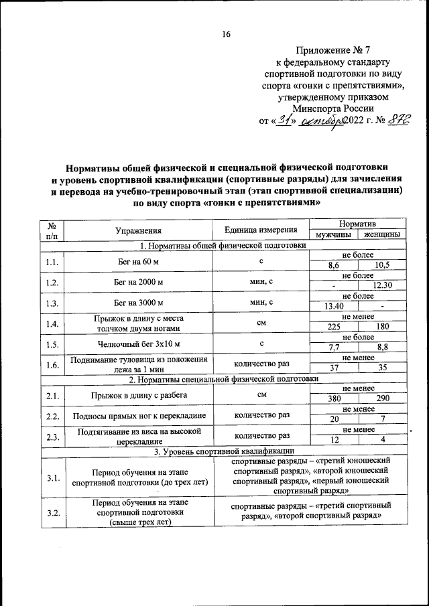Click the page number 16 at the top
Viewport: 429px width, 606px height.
tap(226, 34)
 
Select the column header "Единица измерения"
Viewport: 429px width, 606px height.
tap(261, 230)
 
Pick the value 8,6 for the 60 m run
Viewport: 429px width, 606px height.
tap(333, 266)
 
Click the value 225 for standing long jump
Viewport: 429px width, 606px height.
tap(333, 327)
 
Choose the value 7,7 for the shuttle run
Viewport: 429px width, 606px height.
tap(333, 347)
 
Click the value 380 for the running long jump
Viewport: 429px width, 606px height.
tap(333, 398)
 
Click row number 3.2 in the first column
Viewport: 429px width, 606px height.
tap(53, 514)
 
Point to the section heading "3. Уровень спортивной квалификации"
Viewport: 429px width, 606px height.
tap(222, 451)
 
